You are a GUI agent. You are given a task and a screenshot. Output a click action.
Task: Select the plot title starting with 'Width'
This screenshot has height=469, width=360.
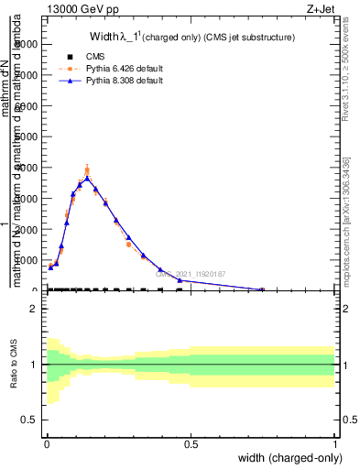click(x=191, y=38)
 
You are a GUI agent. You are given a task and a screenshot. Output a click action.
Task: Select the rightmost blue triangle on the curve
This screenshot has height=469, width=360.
click(x=263, y=289)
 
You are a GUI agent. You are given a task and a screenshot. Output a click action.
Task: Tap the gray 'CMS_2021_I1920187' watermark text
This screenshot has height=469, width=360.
click(x=191, y=273)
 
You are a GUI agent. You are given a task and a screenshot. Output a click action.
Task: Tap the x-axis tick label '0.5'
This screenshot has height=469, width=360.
click(x=191, y=444)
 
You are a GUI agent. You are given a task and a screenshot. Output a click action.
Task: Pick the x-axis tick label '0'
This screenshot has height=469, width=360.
click(x=47, y=444)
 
